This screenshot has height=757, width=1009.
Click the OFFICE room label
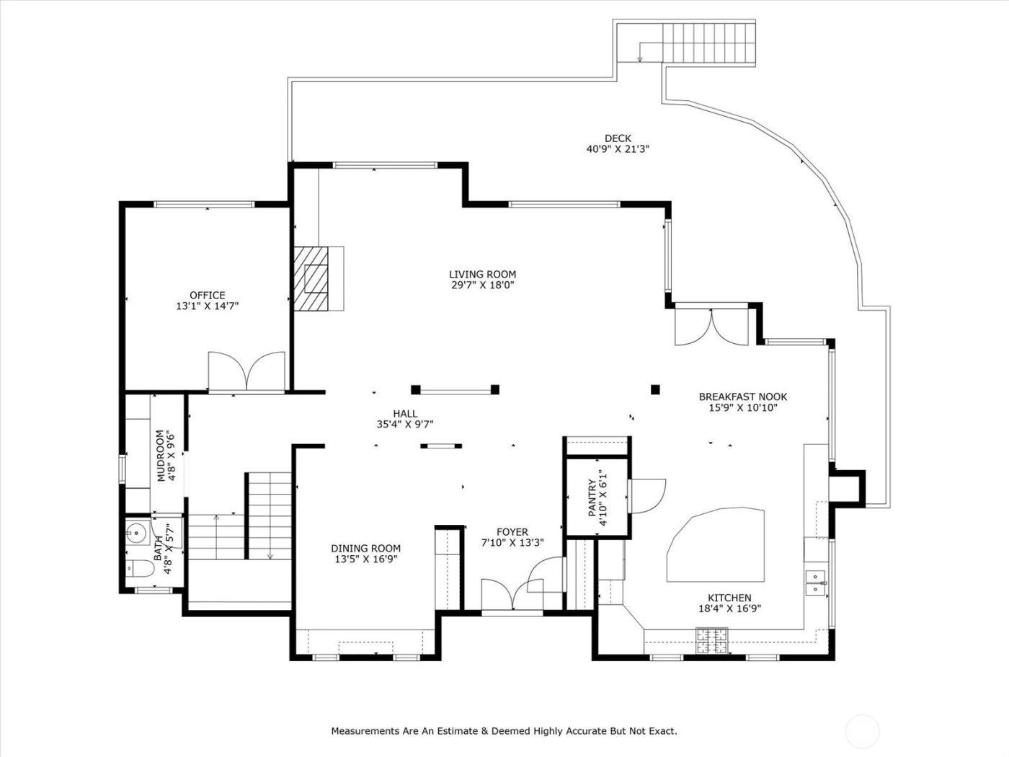tap(207, 295)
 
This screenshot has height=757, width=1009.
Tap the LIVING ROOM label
tap(482, 274)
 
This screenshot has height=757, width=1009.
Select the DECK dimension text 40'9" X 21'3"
tap(618, 150)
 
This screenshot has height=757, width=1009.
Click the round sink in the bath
tap(135, 534)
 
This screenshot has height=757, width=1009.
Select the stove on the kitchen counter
tap(711, 637)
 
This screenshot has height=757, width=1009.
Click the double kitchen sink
tap(816, 583)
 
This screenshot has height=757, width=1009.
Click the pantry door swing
tap(646, 496)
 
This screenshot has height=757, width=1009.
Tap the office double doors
tap(247, 371)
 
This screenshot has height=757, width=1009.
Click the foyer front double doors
tap(511, 594)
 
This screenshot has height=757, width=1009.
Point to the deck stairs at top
tap(709, 43)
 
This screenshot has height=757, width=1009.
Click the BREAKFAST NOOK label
tap(742, 397)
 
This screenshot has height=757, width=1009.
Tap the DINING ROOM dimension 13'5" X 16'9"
tap(365, 559)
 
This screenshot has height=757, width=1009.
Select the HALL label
tap(405, 413)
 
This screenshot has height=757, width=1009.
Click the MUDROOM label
tap(161, 456)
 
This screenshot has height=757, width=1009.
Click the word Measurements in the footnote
tap(364, 731)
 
